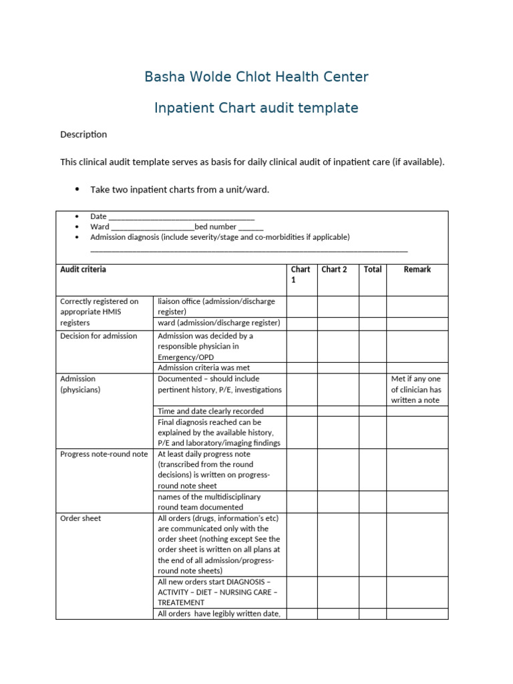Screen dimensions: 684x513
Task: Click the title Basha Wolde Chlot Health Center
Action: click(x=256, y=77)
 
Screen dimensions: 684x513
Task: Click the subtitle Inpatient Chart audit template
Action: click(x=256, y=108)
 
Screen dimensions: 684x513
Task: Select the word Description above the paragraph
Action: click(x=83, y=134)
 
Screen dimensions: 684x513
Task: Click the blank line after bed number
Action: click(x=250, y=227)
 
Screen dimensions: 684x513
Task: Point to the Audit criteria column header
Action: click(x=83, y=270)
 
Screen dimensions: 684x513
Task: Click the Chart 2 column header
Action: click(x=334, y=270)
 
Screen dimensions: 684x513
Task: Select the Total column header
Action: click(x=373, y=270)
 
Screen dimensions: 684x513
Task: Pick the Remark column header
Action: click(x=417, y=270)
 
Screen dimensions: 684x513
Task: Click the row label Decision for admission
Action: click(x=98, y=336)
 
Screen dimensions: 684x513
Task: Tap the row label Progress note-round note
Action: click(x=104, y=454)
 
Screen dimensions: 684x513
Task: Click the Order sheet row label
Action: click(x=81, y=518)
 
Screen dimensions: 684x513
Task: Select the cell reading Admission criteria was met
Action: click(x=204, y=368)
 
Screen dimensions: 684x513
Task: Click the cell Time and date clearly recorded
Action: click(x=210, y=411)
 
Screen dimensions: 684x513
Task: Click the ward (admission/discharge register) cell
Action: click(x=218, y=323)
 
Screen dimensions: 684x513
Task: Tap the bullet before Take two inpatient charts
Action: click(x=77, y=190)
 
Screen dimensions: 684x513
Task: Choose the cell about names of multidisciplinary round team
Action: click(x=209, y=502)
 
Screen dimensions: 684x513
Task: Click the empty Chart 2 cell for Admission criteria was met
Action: click(x=338, y=368)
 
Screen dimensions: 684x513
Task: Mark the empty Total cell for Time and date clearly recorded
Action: click(x=373, y=411)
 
